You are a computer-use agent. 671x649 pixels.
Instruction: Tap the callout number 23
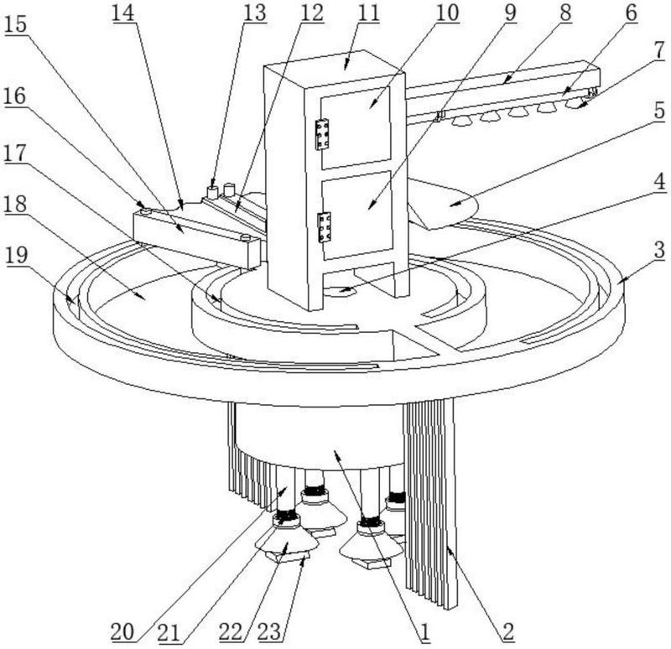click(269, 632)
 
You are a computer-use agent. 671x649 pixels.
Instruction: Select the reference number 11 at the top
click(368, 13)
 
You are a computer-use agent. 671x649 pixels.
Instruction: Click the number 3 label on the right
click(660, 250)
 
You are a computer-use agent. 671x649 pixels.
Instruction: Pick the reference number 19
click(17, 256)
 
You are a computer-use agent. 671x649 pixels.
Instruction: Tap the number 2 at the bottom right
click(507, 632)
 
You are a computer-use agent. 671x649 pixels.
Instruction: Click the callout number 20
click(122, 632)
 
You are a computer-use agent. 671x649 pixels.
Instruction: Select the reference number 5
click(659, 111)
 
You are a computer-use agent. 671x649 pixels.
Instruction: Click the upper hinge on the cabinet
click(322, 134)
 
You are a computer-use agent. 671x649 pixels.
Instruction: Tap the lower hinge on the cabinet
click(325, 227)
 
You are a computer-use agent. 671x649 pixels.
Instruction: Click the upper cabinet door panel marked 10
click(356, 128)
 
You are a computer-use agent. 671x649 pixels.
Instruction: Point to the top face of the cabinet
click(335, 69)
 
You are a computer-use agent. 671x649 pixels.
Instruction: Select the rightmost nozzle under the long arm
click(576, 103)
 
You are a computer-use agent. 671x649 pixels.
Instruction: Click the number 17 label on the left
click(15, 153)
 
